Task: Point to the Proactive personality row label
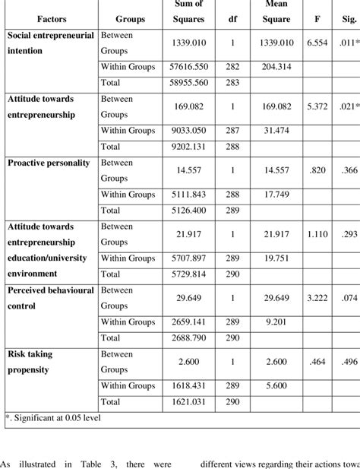tap(48, 163)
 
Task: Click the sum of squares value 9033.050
tap(175, 130)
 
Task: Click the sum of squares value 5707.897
tap(175, 258)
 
